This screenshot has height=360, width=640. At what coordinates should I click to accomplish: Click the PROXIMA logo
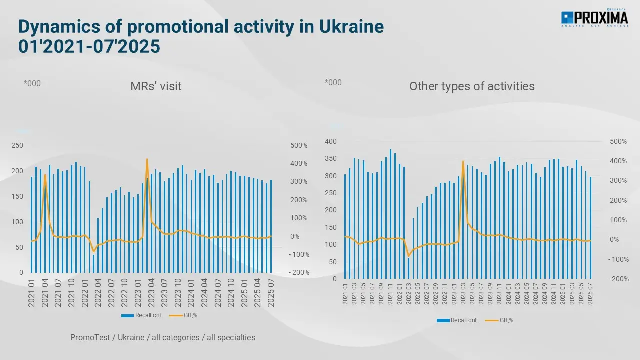point(594,19)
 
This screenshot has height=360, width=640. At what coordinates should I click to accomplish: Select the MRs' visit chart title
point(156,86)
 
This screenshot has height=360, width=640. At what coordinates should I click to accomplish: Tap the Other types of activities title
point(472,86)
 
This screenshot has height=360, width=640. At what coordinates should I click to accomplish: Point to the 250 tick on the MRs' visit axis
point(17,145)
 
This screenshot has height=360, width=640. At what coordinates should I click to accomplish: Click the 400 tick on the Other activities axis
point(331,142)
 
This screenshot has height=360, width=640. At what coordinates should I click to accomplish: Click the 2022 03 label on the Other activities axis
point(409,295)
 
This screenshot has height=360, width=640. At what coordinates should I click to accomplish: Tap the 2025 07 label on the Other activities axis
point(591,295)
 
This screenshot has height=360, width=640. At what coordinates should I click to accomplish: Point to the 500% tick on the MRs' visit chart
point(299,145)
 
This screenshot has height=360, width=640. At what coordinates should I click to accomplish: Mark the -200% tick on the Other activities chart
point(618,279)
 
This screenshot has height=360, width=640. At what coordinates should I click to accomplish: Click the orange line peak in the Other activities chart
point(463,161)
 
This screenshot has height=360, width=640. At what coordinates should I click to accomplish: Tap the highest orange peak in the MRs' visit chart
point(147,159)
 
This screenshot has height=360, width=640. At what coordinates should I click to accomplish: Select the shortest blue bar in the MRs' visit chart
point(93,264)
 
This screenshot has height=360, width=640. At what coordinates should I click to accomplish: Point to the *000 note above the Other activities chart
point(333,82)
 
